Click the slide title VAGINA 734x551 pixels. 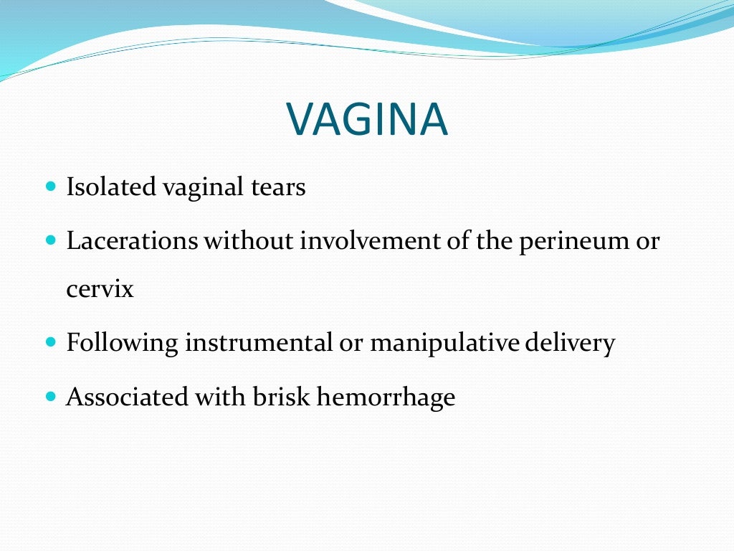pos(367,120)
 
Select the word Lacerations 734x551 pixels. pos(132,240)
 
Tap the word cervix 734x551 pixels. pos(100,291)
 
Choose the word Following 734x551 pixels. pos(122,344)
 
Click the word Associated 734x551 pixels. pos(125,396)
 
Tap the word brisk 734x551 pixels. pos(281,396)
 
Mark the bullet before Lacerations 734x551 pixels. pos(50,240)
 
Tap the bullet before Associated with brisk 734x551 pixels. pos(50,395)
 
